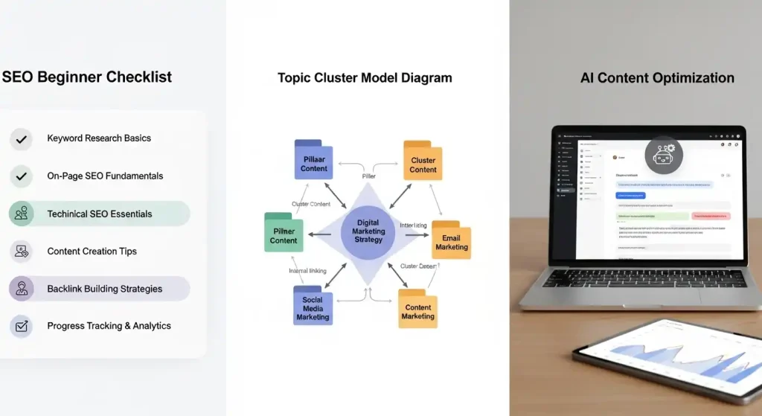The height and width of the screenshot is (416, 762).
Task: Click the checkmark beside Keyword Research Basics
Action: coord(21,138)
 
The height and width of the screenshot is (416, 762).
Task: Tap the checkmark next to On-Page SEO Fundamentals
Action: coord(21,176)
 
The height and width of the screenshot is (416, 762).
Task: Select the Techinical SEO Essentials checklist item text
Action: coord(99,214)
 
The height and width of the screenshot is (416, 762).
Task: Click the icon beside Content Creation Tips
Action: coord(21,252)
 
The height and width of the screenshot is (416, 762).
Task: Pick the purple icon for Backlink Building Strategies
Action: coord(21,289)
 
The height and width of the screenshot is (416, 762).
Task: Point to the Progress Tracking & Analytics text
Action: coord(109,326)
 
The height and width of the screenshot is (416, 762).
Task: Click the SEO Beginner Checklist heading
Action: coord(86,77)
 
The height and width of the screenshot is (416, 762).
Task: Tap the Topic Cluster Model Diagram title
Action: coord(365,77)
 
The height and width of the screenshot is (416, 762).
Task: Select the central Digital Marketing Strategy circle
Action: coord(368,231)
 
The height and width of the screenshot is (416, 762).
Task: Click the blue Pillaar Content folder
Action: coord(314,161)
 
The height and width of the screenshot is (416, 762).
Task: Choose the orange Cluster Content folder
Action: coord(423,161)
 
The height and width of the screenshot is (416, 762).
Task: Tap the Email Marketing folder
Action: coord(452,241)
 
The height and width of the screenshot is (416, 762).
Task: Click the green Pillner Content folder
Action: coord(284,233)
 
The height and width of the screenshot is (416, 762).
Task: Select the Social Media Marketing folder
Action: coord(313,307)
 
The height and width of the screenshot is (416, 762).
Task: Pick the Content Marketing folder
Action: coord(417,309)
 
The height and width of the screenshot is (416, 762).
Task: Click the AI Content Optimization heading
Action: coord(657,78)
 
